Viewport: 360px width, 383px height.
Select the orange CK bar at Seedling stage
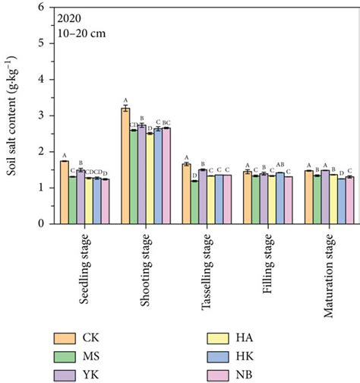[x=65, y=193]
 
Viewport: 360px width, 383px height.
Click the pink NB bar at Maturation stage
[x=349, y=201]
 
